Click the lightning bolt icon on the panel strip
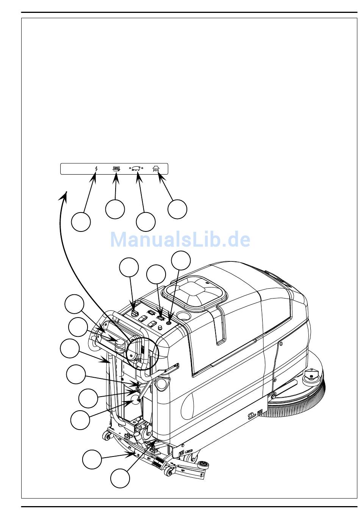(x=96, y=169)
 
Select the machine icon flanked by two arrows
(x=136, y=169)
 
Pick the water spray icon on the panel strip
(x=156, y=169)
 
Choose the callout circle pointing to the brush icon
(x=115, y=209)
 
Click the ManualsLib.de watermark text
(x=180, y=239)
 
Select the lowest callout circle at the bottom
(x=120, y=478)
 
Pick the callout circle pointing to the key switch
(x=129, y=268)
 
